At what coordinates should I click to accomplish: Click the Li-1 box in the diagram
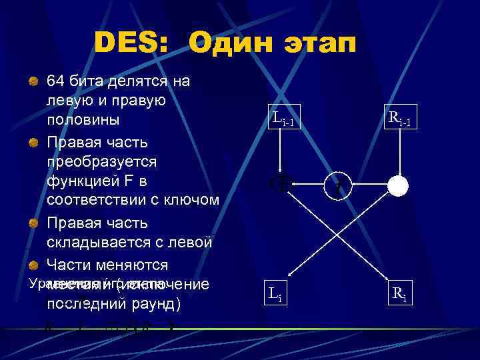click(283, 119)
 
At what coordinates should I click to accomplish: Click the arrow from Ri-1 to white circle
click(399, 153)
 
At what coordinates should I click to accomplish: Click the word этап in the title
click(319, 44)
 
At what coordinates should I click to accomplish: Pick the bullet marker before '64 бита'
click(32, 81)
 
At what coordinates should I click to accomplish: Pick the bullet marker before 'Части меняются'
click(32, 265)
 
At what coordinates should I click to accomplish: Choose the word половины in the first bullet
click(83, 121)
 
